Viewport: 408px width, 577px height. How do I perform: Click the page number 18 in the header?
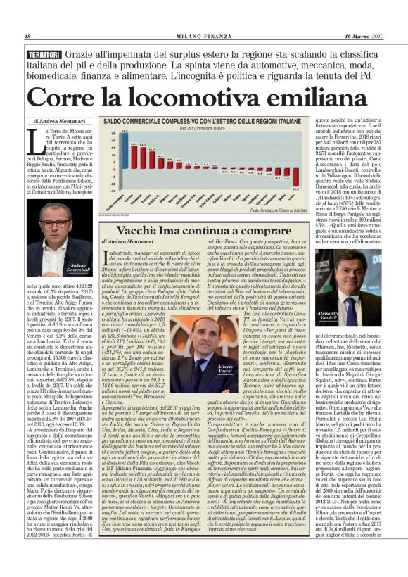coord(27,37)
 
